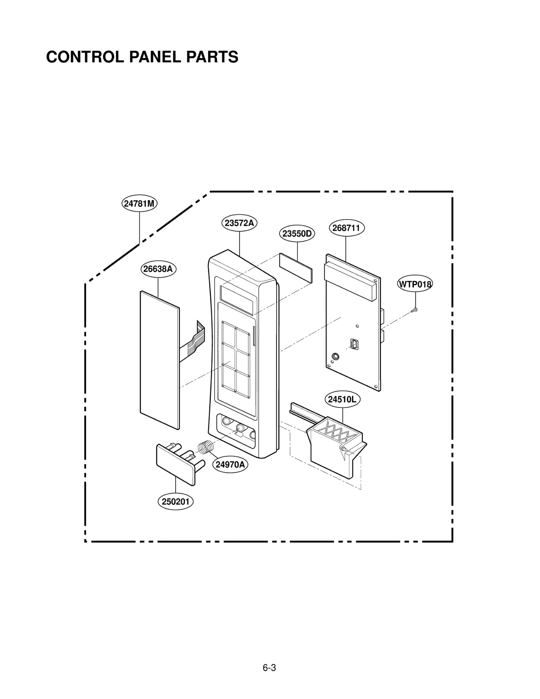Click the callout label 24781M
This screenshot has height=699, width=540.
(x=139, y=204)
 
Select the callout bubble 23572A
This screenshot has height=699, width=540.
(x=239, y=223)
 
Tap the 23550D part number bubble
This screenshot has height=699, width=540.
(x=297, y=234)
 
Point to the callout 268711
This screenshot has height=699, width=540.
(x=346, y=228)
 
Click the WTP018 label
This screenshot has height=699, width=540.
(x=415, y=284)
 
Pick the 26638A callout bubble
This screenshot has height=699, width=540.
(x=158, y=269)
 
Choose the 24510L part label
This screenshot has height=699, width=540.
(x=342, y=400)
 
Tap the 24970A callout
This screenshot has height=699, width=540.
(x=230, y=465)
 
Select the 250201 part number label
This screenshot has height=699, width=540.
(x=175, y=501)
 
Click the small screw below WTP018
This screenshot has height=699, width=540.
(x=414, y=310)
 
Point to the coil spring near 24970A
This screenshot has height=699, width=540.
(x=206, y=447)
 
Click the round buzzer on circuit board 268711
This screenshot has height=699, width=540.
(x=335, y=356)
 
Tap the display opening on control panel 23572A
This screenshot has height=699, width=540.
(x=237, y=299)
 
